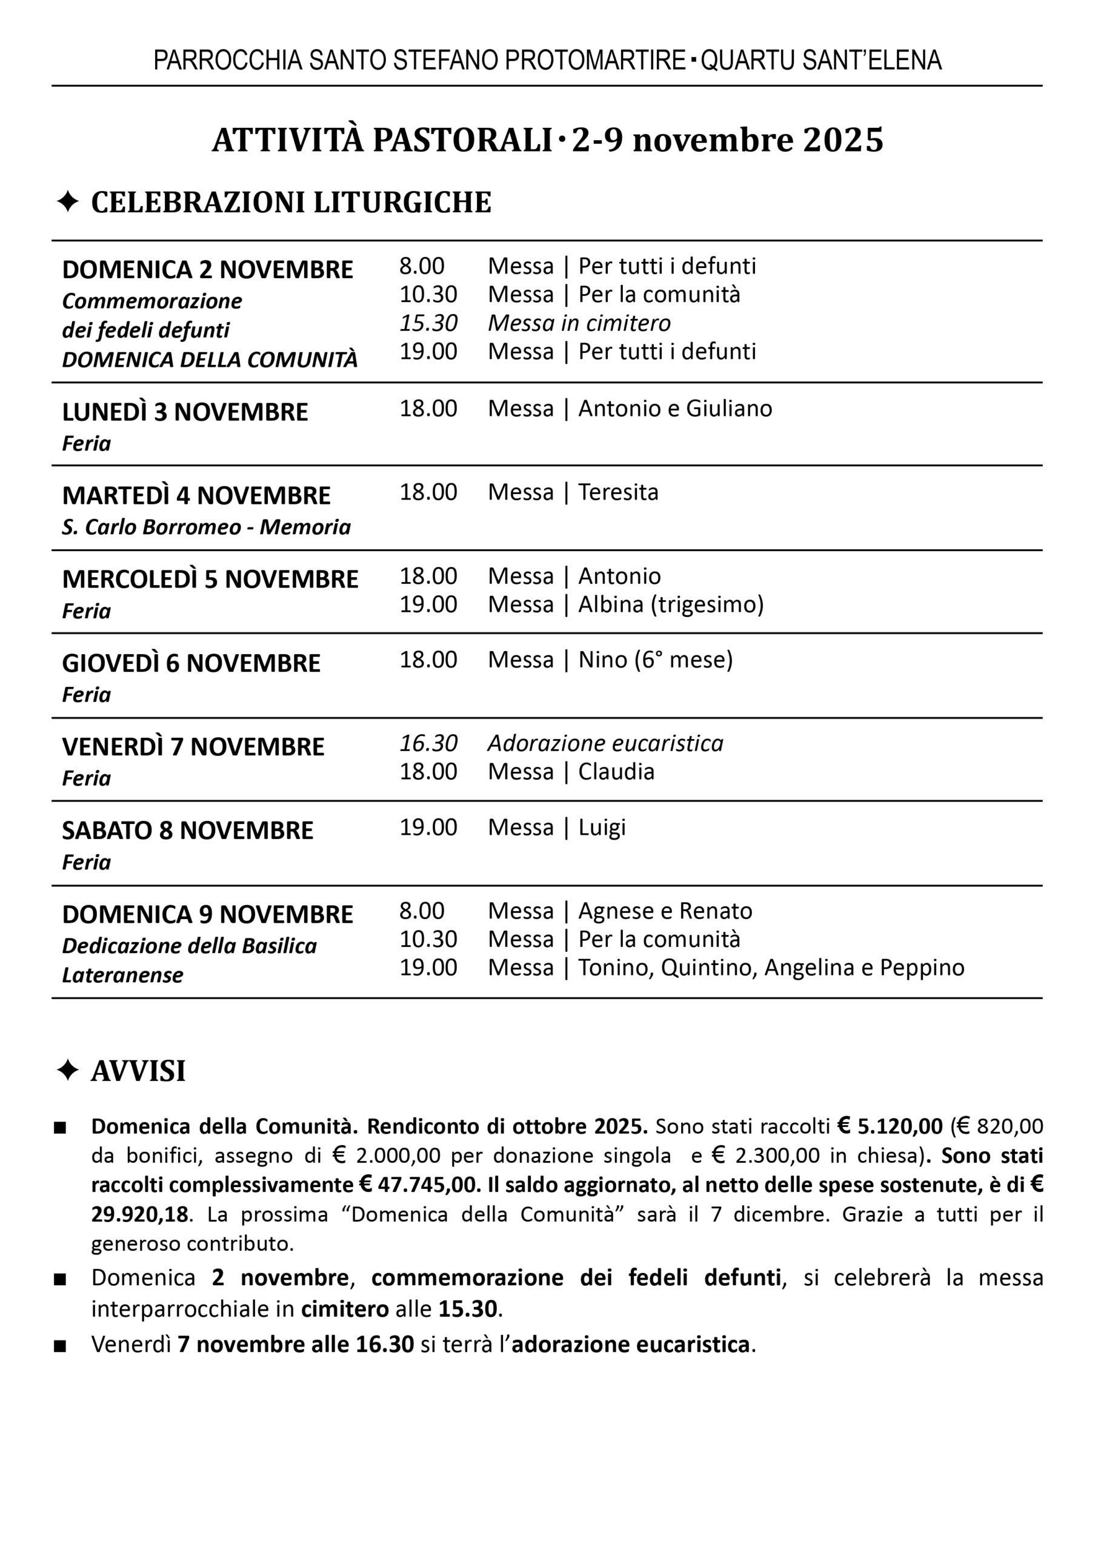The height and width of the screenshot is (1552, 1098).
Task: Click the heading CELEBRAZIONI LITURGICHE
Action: (x=291, y=203)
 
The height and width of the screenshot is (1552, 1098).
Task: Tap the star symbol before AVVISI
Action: (x=68, y=1071)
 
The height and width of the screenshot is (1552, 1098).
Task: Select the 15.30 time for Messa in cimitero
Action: (x=428, y=323)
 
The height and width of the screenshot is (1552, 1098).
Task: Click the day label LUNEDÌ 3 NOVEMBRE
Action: (x=185, y=412)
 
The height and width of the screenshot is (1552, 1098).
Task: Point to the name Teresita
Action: (x=618, y=492)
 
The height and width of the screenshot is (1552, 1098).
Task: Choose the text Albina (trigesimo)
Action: (x=671, y=604)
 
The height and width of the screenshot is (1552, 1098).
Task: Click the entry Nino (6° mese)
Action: (x=655, y=660)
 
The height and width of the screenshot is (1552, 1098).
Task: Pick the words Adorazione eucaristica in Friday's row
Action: (x=605, y=743)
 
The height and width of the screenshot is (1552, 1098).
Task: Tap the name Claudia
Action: (x=616, y=772)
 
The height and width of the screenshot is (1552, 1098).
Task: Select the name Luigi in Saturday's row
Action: (x=602, y=828)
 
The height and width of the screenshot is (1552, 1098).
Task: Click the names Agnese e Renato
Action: (x=665, y=912)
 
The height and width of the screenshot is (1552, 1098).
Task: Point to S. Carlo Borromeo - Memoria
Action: (x=206, y=527)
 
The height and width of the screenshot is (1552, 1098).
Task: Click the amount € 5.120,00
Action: (x=890, y=1126)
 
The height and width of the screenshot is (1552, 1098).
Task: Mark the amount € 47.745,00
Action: (x=419, y=1185)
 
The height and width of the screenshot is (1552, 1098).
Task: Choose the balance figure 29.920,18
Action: (x=139, y=1214)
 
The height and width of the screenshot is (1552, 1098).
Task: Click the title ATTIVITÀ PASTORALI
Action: (x=382, y=141)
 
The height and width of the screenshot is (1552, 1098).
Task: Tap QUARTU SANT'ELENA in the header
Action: (x=821, y=61)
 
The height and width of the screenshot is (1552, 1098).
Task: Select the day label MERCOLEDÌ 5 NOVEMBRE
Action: (x=210, y=580)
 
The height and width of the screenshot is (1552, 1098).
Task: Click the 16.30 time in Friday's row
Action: (x=428, y=743)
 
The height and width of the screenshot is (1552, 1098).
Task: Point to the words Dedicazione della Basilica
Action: (x=189, y=946)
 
